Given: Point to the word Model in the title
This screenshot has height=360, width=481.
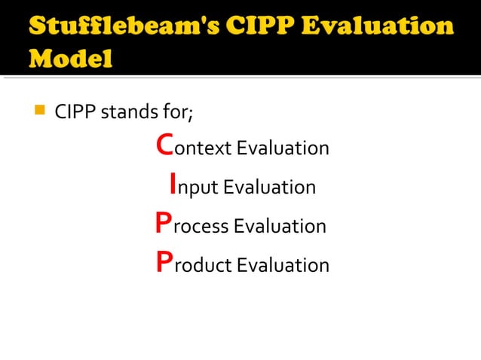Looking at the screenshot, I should (71, 58).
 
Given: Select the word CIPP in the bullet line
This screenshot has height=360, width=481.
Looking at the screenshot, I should (75, 112).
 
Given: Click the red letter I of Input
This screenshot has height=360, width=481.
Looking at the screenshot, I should (173, 184).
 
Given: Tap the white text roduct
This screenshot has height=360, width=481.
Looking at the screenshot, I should (203, 266).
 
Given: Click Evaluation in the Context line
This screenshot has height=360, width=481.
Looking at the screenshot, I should (283, 148).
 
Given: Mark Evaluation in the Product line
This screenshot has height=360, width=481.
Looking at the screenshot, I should (283, 266).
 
